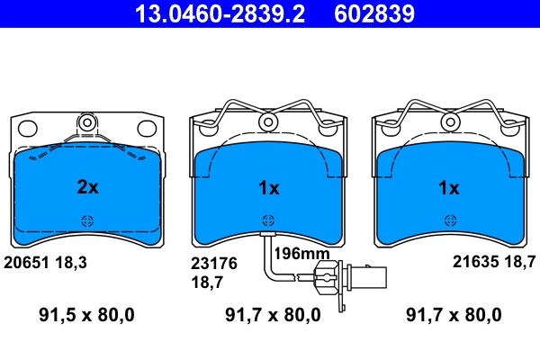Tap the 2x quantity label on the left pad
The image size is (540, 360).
pyautogui.click(x=87, y=188)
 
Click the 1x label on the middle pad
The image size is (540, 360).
pyautogui.click(x=269, y=188)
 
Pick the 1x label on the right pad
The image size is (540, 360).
pyautogui.click(x=448, y=188)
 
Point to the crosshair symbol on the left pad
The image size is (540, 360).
pyautogui.click(x=87, y=220)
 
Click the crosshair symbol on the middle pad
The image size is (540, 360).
pyautogui.click(x=268, y=220)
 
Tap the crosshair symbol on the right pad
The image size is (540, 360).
pyautogui.click(x=448, y=220)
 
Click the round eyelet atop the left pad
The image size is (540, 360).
pyautogui.click(x=87, y=121)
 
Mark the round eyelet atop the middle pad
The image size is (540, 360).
pyautogui.click(x=268, y=121)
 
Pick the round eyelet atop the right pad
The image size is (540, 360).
pyautogui.click(x=448, y=121)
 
